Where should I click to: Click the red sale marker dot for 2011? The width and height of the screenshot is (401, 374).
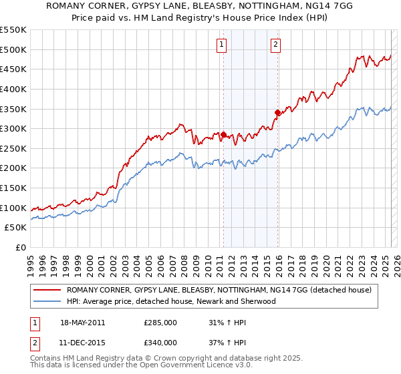[223, 134]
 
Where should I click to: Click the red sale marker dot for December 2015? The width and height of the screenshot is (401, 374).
[277, 112]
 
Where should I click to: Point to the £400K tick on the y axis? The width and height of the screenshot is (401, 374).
[13, 89]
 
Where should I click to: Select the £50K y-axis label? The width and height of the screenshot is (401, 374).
[15, 228]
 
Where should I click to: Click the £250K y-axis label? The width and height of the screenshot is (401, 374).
[13, 148]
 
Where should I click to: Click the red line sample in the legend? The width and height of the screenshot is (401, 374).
[46, 290]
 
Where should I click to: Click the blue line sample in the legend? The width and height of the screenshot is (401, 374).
[46, 301]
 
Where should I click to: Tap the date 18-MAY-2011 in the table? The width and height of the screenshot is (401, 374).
[82, 323]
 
